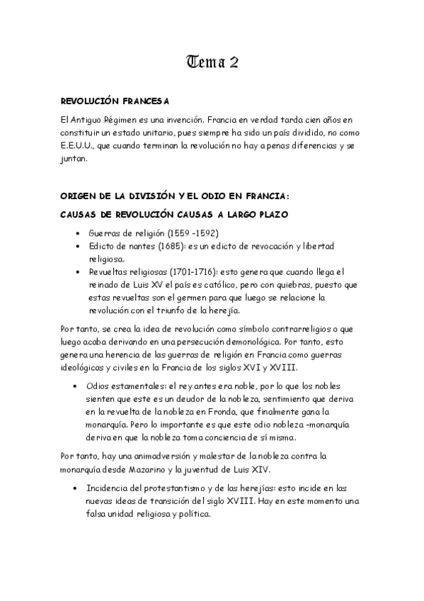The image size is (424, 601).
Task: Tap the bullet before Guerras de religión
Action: (76, 233)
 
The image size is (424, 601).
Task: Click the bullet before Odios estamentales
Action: (76, 386)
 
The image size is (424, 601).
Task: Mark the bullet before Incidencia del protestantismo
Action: (76, 488)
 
